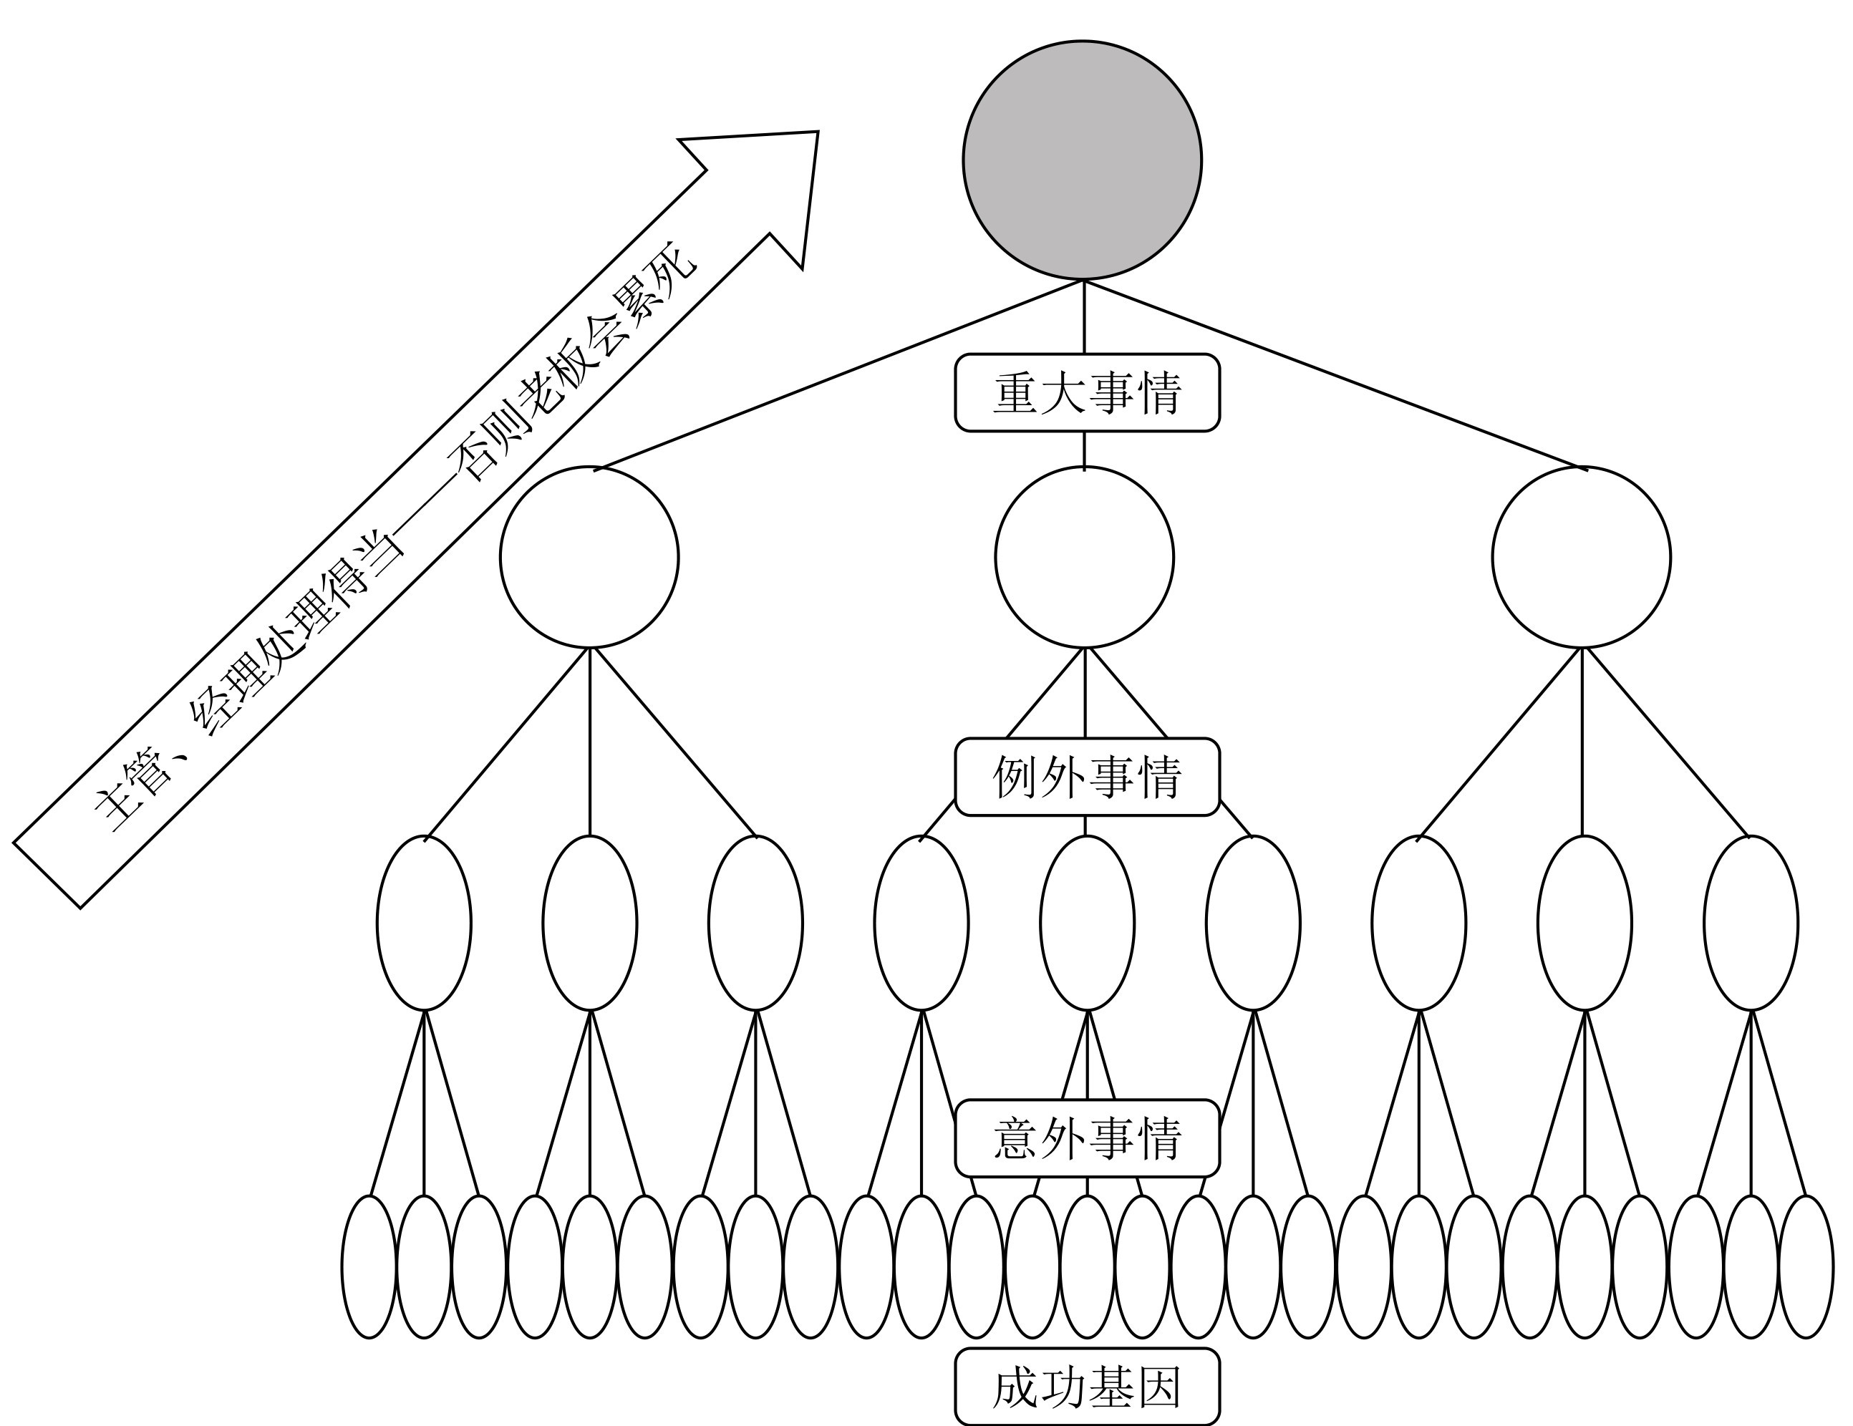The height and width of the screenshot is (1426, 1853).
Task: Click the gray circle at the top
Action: [x=1082, y=160]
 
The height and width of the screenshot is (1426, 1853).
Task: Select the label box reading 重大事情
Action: [x=1087, y=393]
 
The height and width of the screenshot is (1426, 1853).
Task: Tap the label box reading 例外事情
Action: [x=1087, y=777]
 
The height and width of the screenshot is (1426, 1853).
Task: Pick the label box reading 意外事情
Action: [x=1087, y=1138]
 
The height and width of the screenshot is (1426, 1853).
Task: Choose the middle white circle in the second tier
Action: [x=1084, y=558]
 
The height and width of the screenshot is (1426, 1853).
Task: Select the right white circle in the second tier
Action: [x=1582, y=558]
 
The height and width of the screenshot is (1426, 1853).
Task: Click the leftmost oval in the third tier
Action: [x=424, y=923]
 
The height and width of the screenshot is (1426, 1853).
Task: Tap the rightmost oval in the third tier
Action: [x=1751, y=923]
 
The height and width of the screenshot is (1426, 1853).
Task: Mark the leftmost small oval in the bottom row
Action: [x=369, y=1266]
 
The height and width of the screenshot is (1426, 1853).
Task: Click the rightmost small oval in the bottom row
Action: [x=1806, y=1266]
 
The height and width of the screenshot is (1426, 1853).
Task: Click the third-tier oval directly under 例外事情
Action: [x=1087, y=923]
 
